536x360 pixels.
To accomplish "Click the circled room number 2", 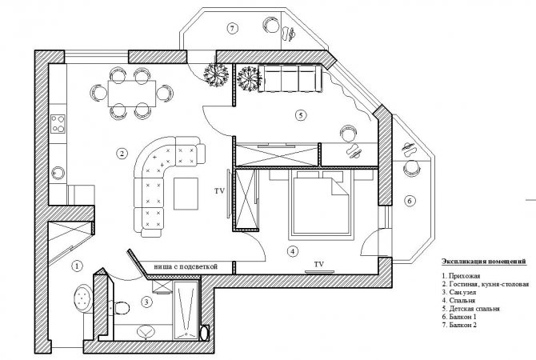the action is (122, 154).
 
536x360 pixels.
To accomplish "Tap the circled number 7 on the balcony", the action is (232, 28).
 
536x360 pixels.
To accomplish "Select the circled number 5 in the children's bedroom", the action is (301, 115).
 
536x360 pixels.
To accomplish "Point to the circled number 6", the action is (410, 201).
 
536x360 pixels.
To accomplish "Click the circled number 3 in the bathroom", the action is (146, 302).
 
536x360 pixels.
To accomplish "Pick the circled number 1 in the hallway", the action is (78, 266).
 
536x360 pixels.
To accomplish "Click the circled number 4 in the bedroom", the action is (292, 252).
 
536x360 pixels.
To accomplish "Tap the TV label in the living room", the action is (219, 191).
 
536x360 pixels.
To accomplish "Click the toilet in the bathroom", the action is (119, 307).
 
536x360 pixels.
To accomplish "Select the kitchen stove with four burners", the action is (58, 124).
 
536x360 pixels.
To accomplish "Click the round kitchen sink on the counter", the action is (58, 172).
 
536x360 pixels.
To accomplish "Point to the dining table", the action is (132, 94).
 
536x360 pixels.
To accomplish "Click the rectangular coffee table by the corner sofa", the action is (186, 194).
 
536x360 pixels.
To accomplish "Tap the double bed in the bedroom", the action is (320, 202).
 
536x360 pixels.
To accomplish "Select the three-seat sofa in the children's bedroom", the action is (290, 78).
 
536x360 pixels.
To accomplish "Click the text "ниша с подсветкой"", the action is (186, 266).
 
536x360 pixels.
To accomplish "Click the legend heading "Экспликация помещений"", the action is (483, 262).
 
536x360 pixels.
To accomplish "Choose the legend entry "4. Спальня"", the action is (458, 300).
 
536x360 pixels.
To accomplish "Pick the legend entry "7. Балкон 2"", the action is (459, 325).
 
